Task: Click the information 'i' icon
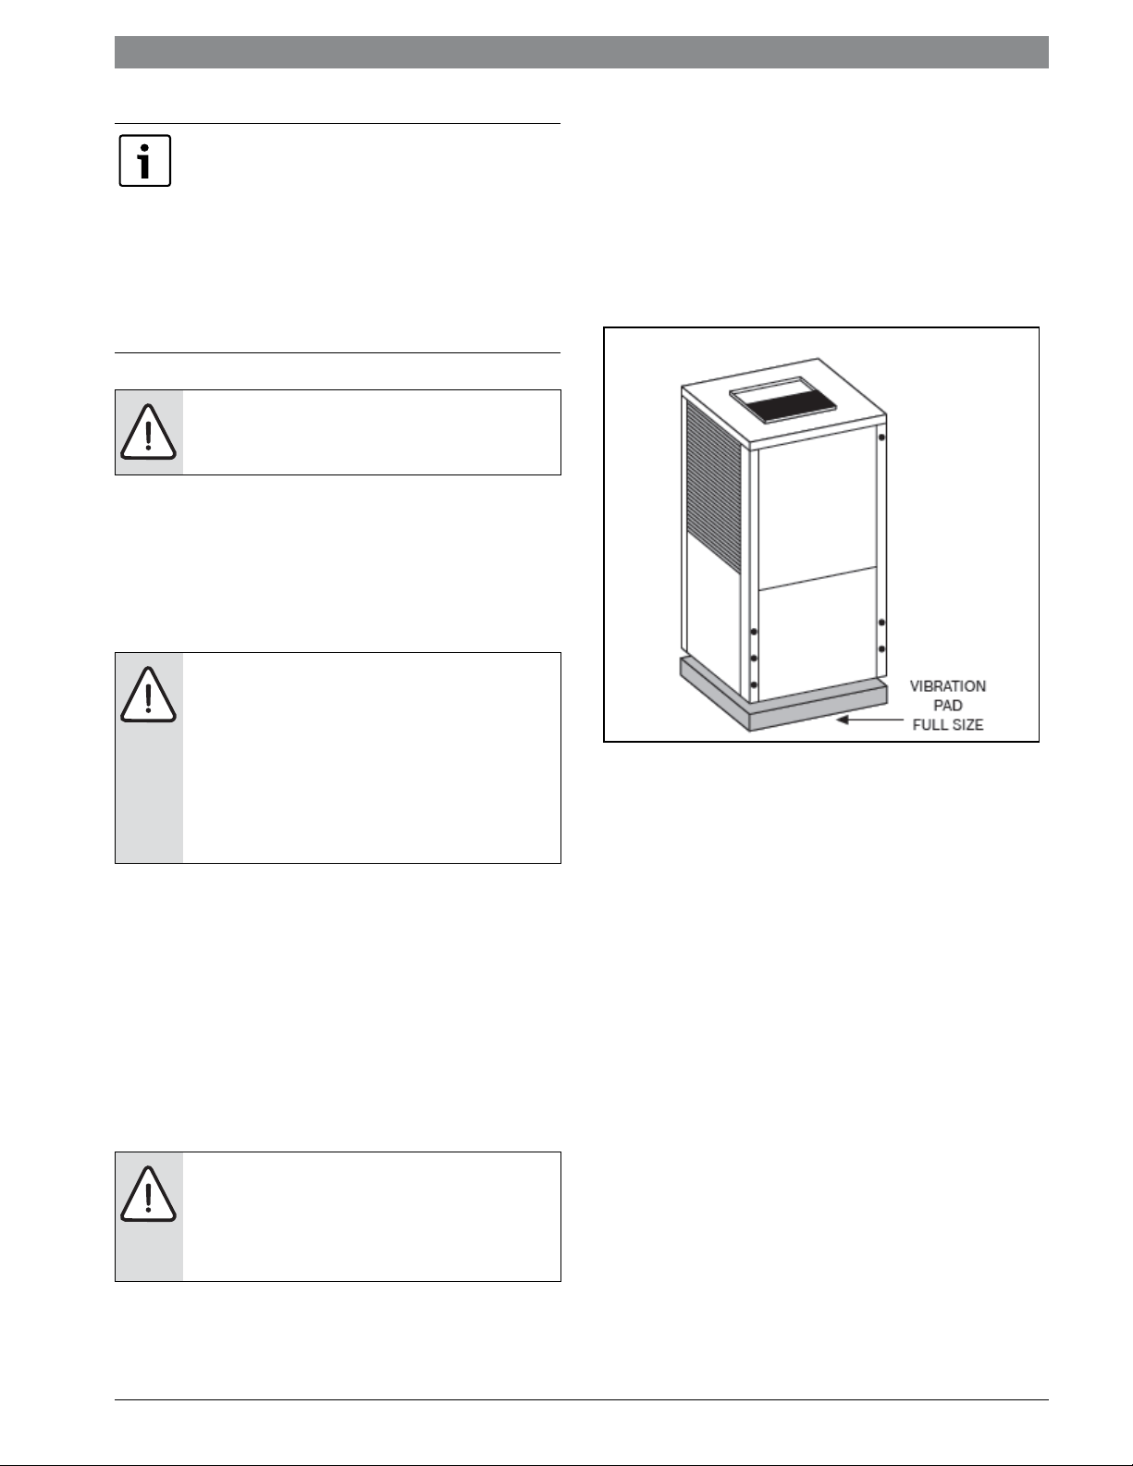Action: (x=145, y=161)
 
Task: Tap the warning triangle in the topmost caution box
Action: (x=148, y=432)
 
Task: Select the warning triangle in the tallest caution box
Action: (x=148, y=695)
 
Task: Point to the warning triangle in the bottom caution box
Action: (x=148, y=1193)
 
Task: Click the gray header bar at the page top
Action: (x=582, y=52)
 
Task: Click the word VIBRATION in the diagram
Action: (x=947, y=686)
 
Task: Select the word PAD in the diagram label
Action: (x=947, y=706)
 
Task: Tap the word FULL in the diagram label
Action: (x=930, y=725)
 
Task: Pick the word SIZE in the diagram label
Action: (x=967, y=725)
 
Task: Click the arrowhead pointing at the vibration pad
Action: (x=843, y=720)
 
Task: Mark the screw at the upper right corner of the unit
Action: (x=881, y=437)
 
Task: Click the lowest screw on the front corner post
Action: (x=754, y=684)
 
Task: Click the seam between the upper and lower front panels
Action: (x=818, y=578)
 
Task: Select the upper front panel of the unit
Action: (x=818, y=506)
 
